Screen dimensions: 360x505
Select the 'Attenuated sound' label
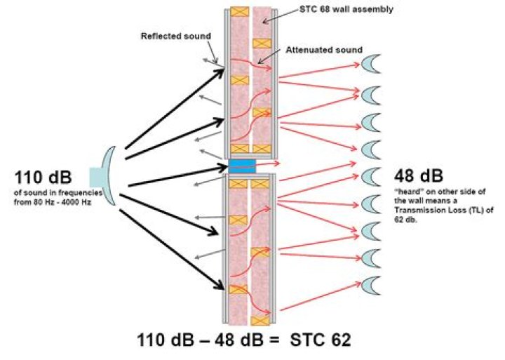(324, 51)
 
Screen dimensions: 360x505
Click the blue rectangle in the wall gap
(241, 166)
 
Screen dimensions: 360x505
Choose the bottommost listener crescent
(370, 286)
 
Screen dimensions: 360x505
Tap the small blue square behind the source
(95, 176)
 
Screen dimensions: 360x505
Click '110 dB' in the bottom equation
(168, 340)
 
